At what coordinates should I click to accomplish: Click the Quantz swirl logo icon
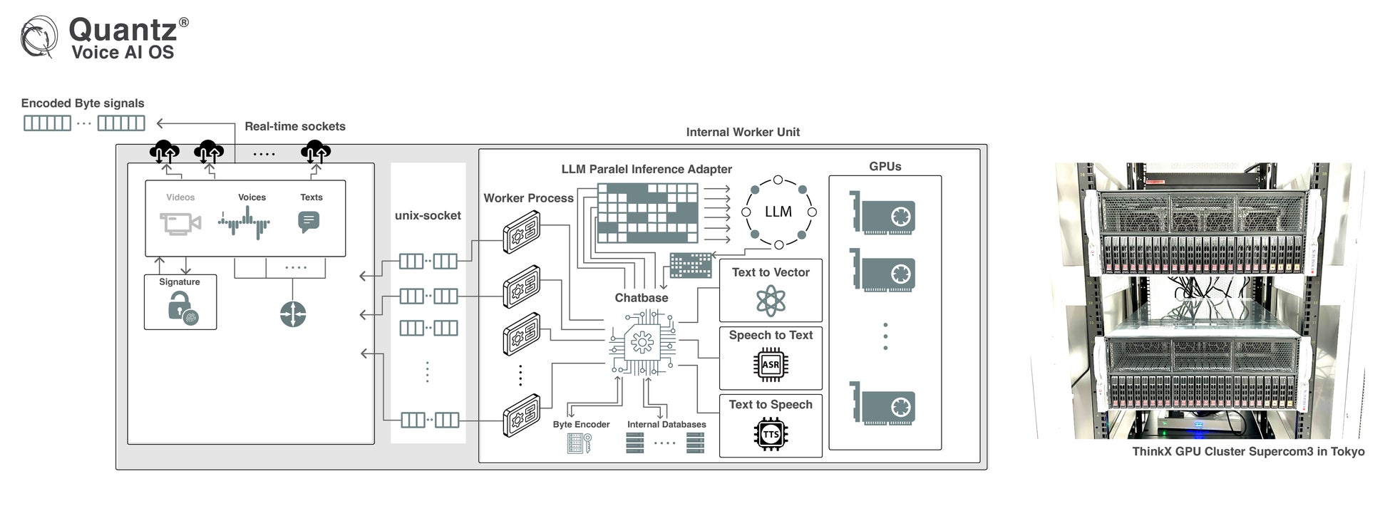point(38,37)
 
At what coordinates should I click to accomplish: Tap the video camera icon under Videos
point(180,223)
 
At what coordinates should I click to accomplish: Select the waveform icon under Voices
point(244,223)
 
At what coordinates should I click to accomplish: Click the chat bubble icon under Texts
point(309,222)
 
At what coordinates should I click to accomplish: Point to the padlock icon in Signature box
point(180,309)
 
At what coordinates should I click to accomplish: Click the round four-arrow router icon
point(293,314)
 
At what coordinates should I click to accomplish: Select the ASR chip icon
point(771,365)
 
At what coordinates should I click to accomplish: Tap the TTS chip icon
point(771,434)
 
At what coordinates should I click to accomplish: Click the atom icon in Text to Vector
point(771,300)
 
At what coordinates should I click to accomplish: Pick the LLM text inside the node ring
point(778,212)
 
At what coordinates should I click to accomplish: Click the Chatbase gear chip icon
point(642,344)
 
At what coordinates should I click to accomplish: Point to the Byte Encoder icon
point(579,443)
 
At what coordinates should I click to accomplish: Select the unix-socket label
point(428,215)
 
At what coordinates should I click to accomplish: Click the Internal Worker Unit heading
point(743,132)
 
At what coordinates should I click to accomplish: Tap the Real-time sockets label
point(294,126)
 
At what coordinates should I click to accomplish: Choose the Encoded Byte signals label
point(83,103)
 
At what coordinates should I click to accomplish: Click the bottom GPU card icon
point(884,404)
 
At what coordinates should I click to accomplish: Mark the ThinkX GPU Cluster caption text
point(1248,451)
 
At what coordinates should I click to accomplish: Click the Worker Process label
point(528,198)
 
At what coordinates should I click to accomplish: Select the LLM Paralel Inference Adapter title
point(647,169)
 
